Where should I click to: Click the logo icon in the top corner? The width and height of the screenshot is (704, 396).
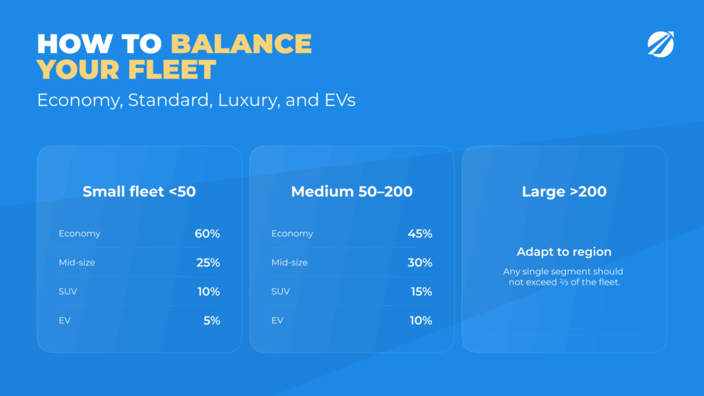pyautogui.click(x=661, y=44)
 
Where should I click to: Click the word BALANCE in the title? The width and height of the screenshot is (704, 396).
pyautogui.click(x=241, y=43)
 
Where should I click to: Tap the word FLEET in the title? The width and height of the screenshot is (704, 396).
pyautogui.click(x=172, y=69)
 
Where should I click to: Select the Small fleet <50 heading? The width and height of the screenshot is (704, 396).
pyautogui.click(x=139, y=192)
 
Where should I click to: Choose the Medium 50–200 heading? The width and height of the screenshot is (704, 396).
pyautogui.click(x=352, y=192)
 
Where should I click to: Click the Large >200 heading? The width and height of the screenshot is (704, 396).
pyautogui.click(x=564, y=192)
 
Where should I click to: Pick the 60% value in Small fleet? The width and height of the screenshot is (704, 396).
pyautogui.click(x=207, y=234)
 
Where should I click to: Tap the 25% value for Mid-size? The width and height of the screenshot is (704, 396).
pyautogui.click(x=208, y=263)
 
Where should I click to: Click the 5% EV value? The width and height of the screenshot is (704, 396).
pyautogui.click(x=212, y=320)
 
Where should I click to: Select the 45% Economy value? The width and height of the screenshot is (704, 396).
pyautogui.click(x=420, y=234)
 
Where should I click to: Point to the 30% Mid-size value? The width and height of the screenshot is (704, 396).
pyautogui.click(x=420, y=263)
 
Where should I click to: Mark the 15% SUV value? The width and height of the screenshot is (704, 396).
pyautogui.click(x=421, y=291)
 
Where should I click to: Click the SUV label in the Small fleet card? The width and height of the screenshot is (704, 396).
pyautogui.click(x=68, y=291)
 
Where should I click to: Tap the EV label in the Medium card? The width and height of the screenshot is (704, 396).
pyautogui.click(x=277, y=320)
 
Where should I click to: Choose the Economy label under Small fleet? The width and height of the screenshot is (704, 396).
pyautogui.click(x=80, y=234)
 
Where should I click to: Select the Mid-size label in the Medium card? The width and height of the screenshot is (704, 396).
pyautogui.click(x=289, y=263)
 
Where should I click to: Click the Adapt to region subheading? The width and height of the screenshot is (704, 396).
pyautogui.click(x=564, y=252)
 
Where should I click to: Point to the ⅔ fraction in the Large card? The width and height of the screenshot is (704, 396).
pyautogui.click(x=564, y=283)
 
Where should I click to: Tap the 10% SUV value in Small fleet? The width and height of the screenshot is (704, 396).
pyautogui.click(x=209, y=291)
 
